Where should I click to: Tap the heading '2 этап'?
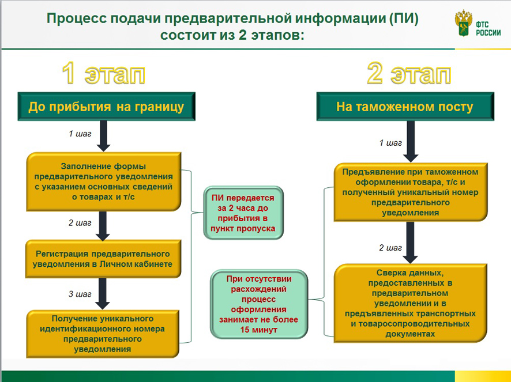point(408,74)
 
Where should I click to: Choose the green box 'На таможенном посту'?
point(405,107)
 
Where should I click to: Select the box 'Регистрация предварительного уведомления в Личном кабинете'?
point(103,259)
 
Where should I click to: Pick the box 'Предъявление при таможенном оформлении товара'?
point(408,192)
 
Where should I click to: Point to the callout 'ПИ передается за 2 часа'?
point(243,213)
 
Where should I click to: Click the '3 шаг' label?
point(80,294)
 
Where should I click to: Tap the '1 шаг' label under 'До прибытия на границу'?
point(80,134)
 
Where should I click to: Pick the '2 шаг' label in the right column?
point(390,248)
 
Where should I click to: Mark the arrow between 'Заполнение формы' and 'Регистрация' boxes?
point(103,225)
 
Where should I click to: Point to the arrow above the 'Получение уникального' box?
point(103,294)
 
